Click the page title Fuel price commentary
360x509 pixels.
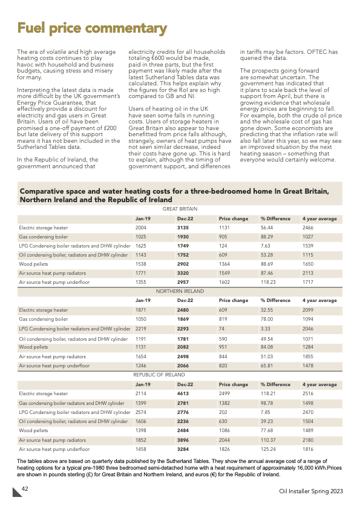click(92, 28)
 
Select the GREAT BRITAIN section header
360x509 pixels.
click(180, 209)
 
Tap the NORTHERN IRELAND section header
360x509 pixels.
click(180, 291)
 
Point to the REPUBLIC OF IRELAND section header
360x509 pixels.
click(159, 375)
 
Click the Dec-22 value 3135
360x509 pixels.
click(183, 228)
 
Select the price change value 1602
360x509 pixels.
click(226, 282)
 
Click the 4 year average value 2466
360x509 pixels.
click(310, 228)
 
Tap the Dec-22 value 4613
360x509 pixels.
click(183, 393)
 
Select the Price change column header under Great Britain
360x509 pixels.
click(233, 218)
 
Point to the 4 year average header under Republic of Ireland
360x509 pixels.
click(319, 384)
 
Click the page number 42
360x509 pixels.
click(26, 488)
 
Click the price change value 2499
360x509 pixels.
click(226, 393)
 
